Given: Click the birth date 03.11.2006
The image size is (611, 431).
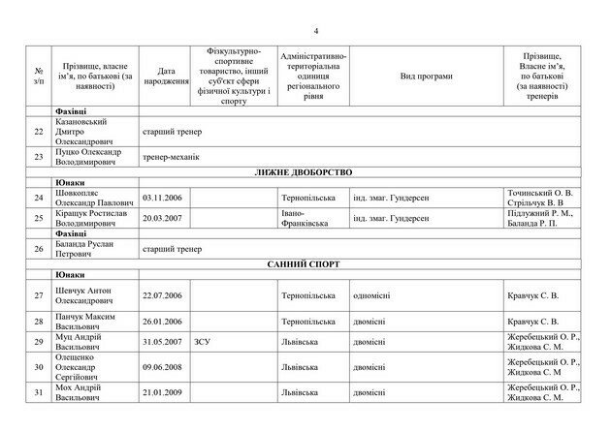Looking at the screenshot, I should (162, 198).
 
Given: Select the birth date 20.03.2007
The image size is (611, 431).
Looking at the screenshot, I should (162, 218).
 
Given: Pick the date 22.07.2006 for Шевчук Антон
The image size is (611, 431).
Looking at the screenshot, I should (162, 295).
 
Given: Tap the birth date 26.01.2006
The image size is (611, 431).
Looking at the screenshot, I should (162, 321).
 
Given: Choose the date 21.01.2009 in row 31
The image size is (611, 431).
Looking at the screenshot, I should (162, 390).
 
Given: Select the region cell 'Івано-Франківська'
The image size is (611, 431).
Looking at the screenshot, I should (302, 218).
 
